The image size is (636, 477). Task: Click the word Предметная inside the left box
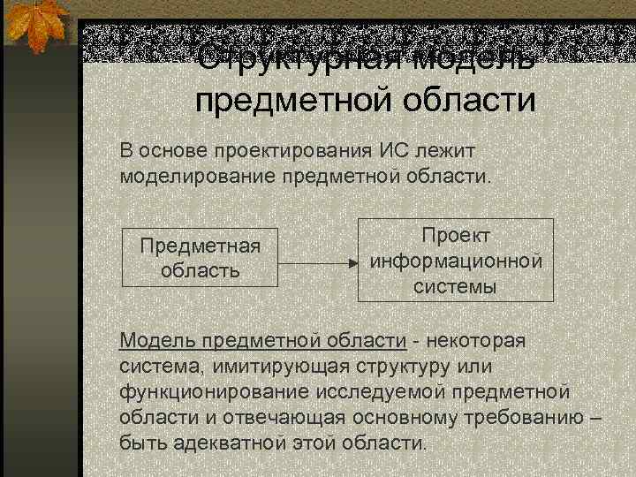[x=201, y=245]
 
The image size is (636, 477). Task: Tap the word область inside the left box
[x=201, y=269]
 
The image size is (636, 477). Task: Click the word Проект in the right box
[x=456, y=237]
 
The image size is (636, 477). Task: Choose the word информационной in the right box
[x=456, y=261]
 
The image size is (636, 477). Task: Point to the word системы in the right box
[x=456, y=286]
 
